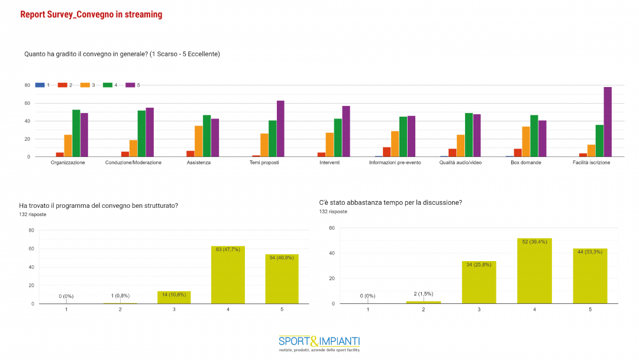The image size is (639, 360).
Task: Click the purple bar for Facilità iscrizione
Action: point(608,122)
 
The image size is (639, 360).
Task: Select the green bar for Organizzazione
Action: point(76,133)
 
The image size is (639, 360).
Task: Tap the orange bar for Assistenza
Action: point(199,142)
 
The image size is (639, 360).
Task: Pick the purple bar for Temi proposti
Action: point(280,128)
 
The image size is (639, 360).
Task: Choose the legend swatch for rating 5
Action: point(130,85)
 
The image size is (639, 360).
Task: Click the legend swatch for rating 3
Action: point(85,85)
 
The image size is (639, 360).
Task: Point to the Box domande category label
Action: point(526,162)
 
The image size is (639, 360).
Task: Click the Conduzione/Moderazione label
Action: point(133,162)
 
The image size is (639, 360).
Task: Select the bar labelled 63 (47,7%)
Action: point(228,275)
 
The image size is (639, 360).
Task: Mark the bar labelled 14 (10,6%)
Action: point(174,297)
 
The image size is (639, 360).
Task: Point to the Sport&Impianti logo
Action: point(319,343)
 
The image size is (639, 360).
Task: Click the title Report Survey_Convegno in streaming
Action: point(91,14)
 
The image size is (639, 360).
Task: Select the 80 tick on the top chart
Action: point(27,85)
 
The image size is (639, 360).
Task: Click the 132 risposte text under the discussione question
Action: point(333,211)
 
